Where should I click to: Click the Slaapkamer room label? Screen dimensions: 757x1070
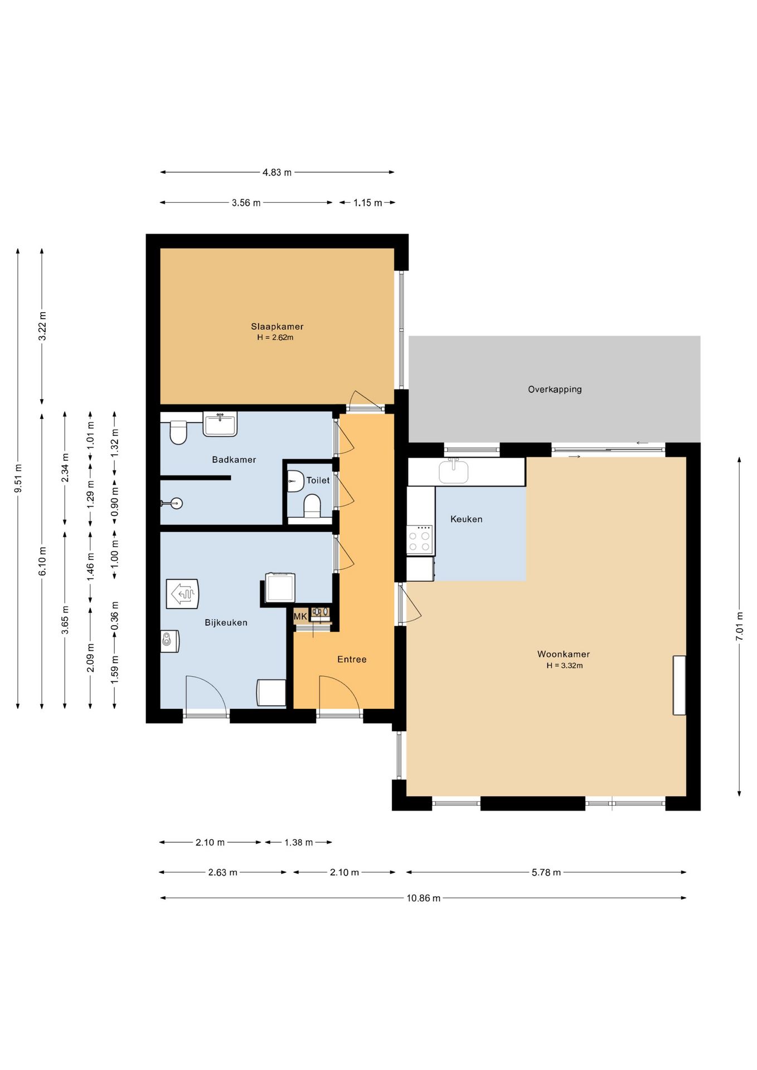tap(277, 327)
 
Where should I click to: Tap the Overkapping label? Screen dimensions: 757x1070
tap(555, 390)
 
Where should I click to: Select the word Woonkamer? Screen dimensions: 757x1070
tap(564, 654)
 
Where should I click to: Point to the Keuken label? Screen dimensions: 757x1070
tap(466, 519)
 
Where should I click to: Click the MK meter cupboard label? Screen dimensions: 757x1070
tap(300, 616)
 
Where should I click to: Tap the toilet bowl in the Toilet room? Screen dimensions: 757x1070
tap(312, 506)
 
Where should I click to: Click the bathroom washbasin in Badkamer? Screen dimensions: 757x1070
tap(220, 424)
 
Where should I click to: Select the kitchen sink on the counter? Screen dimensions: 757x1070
tap(453, 471)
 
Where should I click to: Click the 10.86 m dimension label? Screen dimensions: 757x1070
tap(423, 898)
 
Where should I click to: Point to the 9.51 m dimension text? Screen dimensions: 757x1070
tap(18, 478)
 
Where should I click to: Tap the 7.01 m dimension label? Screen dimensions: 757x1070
tap(740, 626)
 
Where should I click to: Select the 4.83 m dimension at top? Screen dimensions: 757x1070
tap(277, 172)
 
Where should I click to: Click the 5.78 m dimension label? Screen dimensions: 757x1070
tap(546, 872)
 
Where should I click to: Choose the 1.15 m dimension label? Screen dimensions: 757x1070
tap(367, 203)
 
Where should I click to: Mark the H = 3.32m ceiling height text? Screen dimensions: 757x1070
tap(564, 665)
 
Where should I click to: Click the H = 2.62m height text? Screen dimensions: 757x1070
tap(275, 338)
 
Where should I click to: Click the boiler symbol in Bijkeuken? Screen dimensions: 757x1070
tap(182, 594)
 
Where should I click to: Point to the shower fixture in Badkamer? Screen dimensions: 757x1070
tap(172, 503)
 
